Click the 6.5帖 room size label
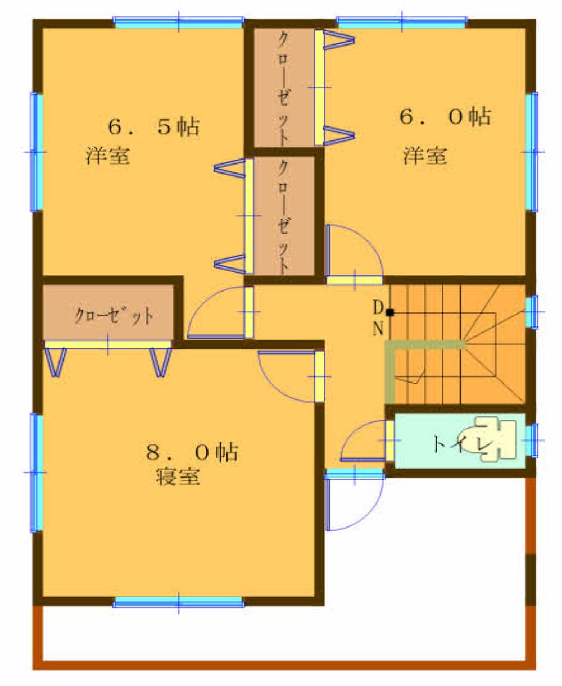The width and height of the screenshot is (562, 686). (153, 127)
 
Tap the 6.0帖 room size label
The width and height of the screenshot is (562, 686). (445, 117)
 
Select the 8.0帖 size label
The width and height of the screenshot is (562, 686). (192, 452)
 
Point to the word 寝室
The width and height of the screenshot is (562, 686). (178, 476)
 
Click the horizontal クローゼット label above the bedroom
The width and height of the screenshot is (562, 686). (114, 315)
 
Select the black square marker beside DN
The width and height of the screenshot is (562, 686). (390, 312)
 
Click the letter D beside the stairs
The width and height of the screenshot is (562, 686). (378, 307)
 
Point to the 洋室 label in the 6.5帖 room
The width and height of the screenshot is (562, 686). (108, 156)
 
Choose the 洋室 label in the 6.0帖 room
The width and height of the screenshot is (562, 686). (425, 156)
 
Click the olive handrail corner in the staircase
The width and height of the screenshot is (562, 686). (390, 345)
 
